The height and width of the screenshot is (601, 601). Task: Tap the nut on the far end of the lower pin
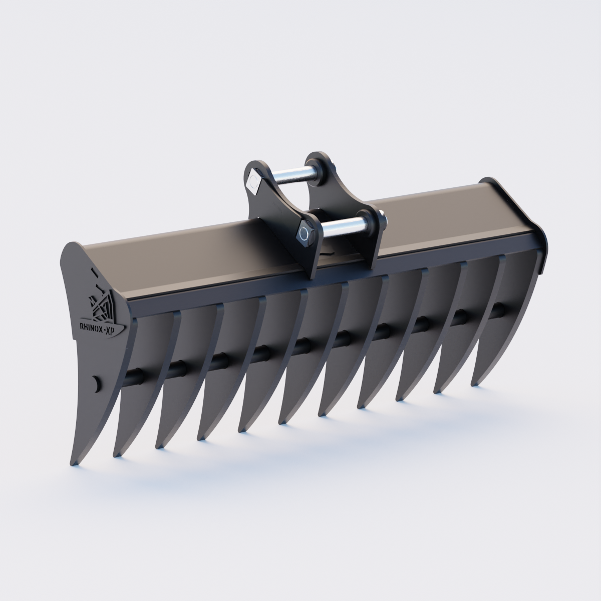pyautogui.click(x=382, y=220)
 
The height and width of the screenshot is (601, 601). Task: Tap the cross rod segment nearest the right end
pyautogui.click(x=498, y=309)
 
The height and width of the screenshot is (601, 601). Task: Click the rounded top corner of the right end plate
pyautogui.click(x=488, y=181)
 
